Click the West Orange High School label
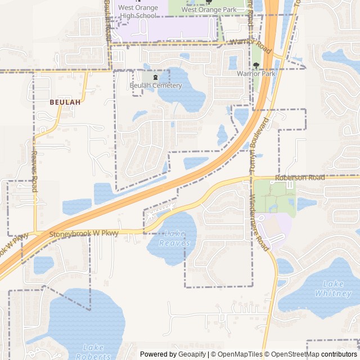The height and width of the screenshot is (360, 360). pyautogui.click(x=137, y=12)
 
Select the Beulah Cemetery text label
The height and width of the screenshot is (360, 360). pyautogui.click(x=156, y=85)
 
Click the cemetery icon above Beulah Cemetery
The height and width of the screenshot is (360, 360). pyautogui.click(x=151, y=76)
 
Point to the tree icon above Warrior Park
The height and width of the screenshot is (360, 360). pyautogui.click(x=256, y=65)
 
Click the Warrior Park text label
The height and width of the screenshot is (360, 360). pyautogui.click(x=256, y=74)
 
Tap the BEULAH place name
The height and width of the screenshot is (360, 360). pyautogui.click(x=65, y=102)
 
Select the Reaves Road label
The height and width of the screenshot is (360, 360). pyautogui.click(x=34, y=172)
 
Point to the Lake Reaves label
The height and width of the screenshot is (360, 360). pyautogui.click(x=171, y=238)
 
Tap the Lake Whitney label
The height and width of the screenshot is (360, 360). pyautogui.click(x=333, y=289)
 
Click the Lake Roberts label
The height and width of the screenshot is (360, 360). pyautogui.click(x=93, y=352)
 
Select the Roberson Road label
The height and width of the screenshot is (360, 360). pyautogui.click(x=300, y=178)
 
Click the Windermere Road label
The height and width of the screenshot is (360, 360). pyautogui.click(x=259, y=222)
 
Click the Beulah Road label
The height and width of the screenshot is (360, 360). pyautogui.click(x=107, y=20)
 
